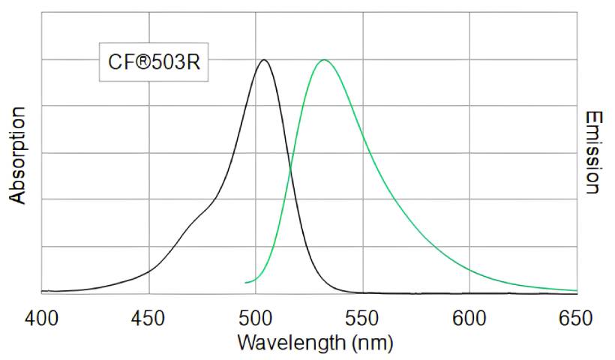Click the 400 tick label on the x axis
point(41,318)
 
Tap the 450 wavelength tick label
point(148,318)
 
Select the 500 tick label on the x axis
point(256,318)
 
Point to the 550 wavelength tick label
point(363,318)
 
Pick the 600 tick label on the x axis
point(470,318)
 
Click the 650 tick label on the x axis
point(577,318)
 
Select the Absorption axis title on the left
point(17,155)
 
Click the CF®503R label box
point(154,61)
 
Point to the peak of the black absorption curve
point(263,60)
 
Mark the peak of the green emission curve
point(324,59)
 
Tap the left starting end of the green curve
point(246,283)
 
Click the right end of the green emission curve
point(577,290)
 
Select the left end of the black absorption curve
point(42,291)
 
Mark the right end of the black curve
point(577,293)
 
